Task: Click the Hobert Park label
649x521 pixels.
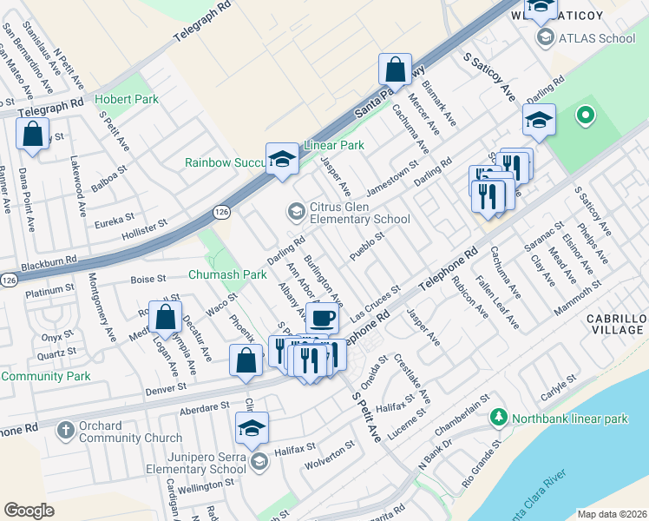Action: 127,99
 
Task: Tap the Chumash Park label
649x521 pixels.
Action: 227,274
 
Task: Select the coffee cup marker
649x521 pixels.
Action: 322,318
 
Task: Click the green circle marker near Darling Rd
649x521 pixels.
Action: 585,115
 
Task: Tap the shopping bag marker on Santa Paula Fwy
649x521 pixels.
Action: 395,69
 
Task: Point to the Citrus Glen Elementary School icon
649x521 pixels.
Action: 296,210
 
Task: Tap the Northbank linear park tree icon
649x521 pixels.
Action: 498,419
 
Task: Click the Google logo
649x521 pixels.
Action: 29,510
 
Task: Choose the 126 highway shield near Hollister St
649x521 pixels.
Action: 220,212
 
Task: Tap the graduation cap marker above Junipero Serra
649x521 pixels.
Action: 252,427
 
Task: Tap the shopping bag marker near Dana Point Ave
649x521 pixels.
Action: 32,135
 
